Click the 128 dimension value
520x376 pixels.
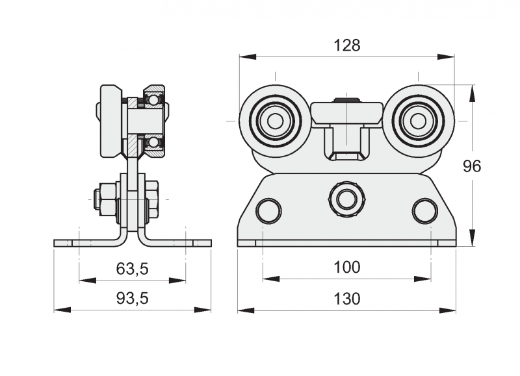(346, 45)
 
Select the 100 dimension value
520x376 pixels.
(346, 267)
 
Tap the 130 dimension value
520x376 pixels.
(346, 299)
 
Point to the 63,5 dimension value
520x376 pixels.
(132, 267)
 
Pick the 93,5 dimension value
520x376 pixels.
(132, 299)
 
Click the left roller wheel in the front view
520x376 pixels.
(274, 121)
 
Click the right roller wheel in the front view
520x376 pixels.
(418, 121)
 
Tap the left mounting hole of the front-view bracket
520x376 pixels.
(268, 211)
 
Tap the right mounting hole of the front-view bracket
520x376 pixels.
(424, 211)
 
